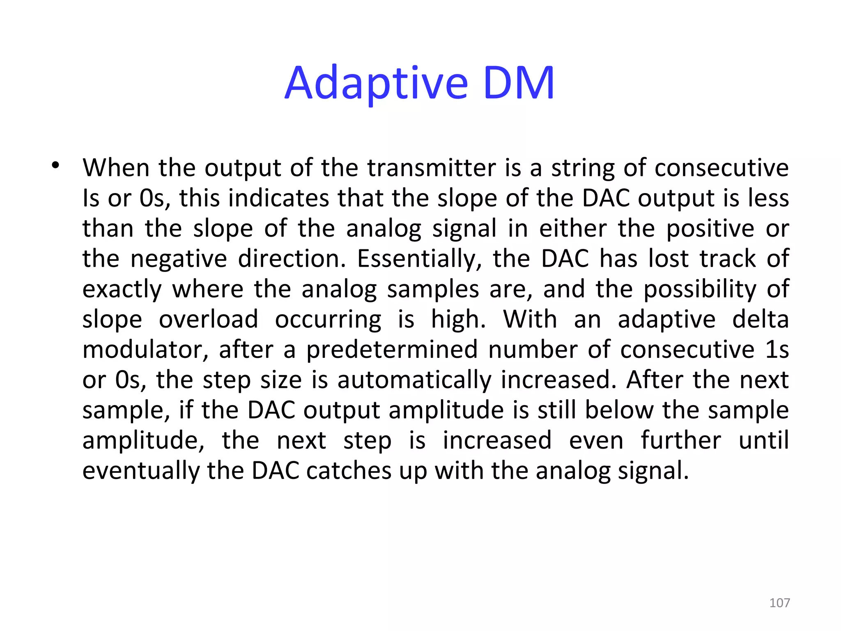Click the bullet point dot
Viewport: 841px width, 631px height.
coord(55,166)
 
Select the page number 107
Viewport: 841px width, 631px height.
coord(779,603)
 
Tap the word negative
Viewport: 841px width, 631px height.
coord(179,259)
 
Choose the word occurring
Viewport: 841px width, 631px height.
coord(328,320)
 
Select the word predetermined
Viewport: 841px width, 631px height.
coord(392,350)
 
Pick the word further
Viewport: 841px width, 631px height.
coord(681,441)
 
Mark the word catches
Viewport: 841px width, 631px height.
coord(349,471)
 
